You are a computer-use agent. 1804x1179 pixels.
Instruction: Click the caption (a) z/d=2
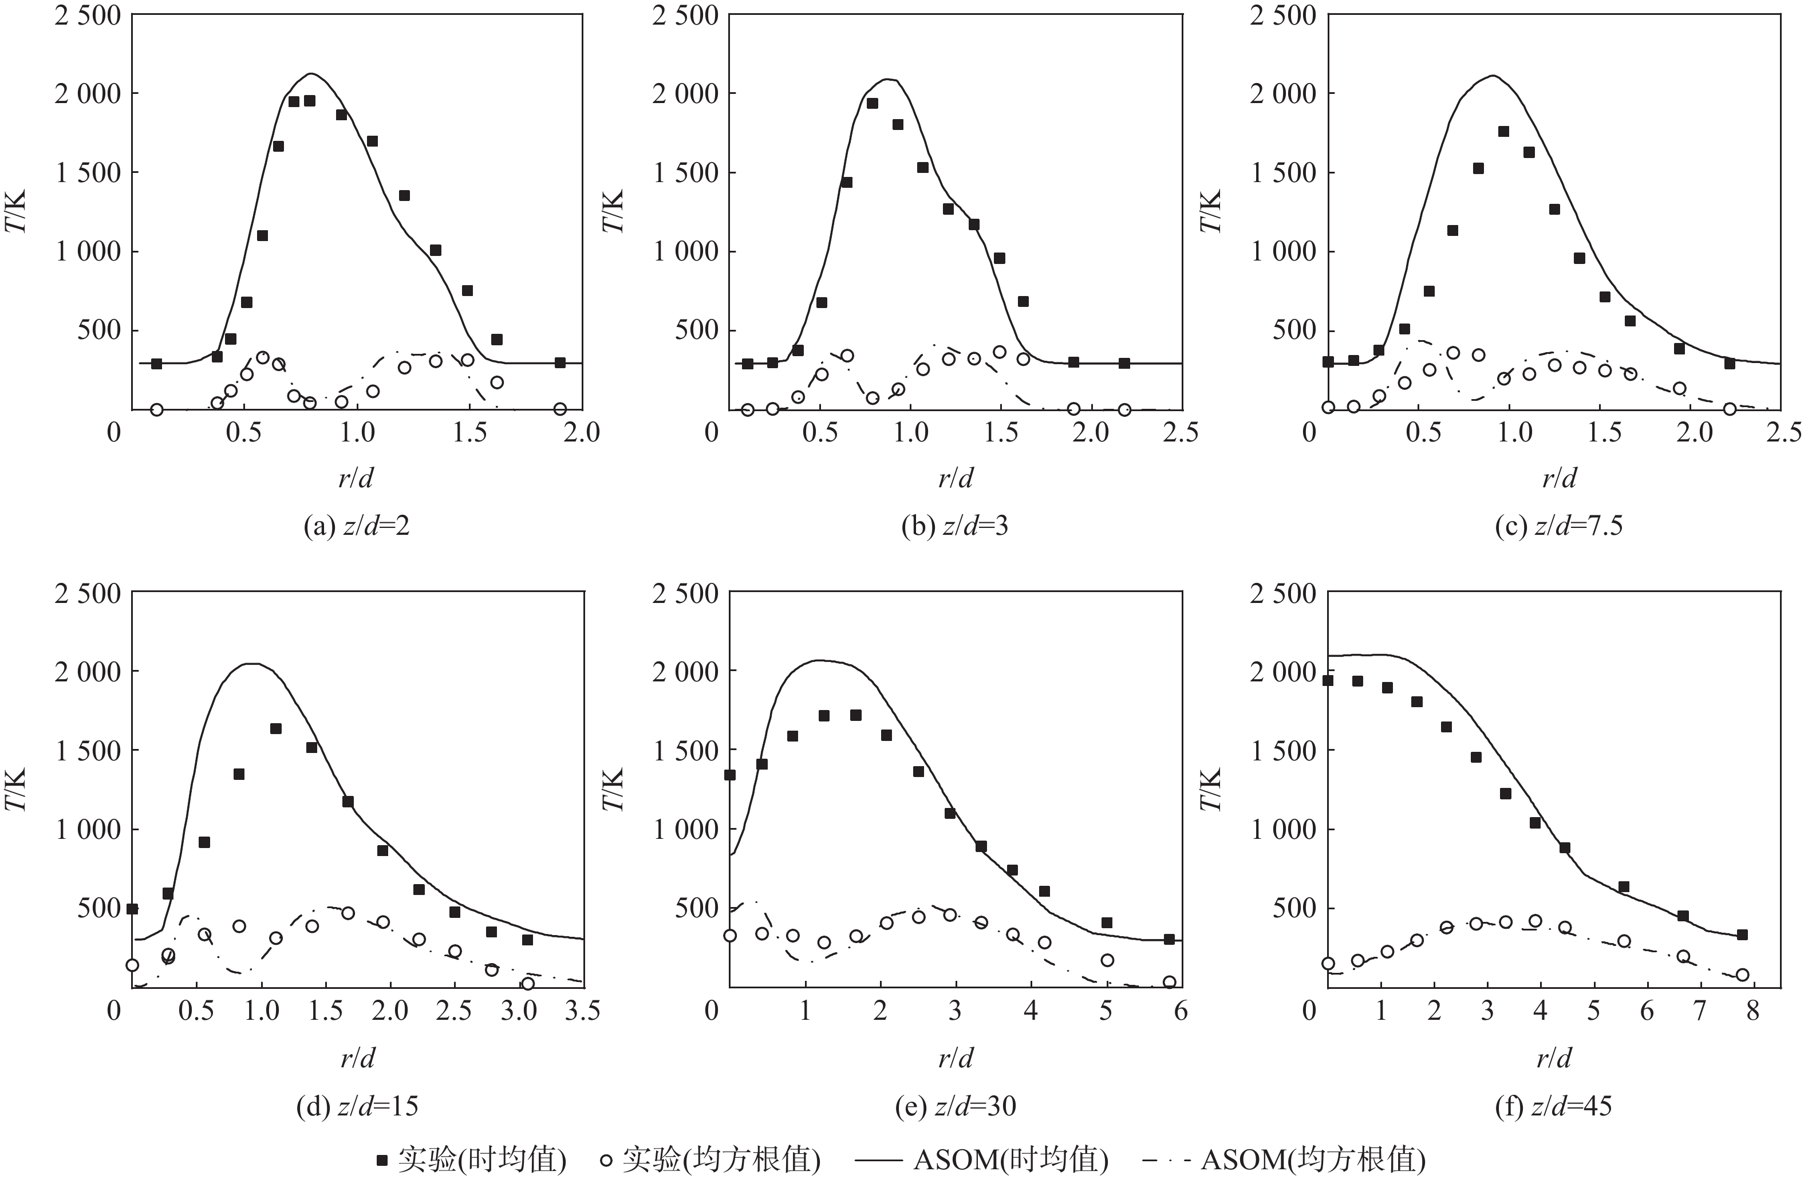[x=356, y=526]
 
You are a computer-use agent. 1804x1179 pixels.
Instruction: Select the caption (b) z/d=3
[x=954, y=526]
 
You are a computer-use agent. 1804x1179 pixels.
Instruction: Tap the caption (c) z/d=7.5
[x=1558, y=526]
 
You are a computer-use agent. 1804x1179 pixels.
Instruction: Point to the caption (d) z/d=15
[x=356, y=1106]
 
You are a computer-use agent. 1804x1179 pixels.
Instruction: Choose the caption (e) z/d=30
[x=954, y=1106]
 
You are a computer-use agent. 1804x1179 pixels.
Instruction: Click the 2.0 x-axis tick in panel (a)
[x=582, y=433]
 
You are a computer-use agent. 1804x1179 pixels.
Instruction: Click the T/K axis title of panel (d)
[x=17, y=789]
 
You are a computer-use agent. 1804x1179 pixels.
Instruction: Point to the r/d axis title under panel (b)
[x=955, y=478]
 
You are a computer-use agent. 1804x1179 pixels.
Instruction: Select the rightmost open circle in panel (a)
[x=560, y=409]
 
